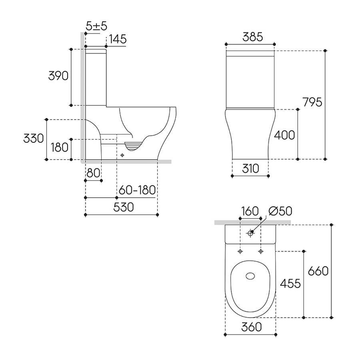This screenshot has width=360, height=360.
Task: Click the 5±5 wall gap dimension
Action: pos(96,26)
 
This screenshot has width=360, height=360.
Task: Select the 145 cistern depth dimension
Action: pos(118,39)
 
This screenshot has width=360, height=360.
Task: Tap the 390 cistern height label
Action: pos(58,76)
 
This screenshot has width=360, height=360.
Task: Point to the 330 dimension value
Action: pos(34,138)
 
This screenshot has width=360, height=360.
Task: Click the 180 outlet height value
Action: pos(60,147)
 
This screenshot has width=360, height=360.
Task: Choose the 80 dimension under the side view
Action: pos(94,173)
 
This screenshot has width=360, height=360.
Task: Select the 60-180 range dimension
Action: pos(137,190)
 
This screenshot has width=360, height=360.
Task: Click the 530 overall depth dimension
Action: pos(124,207)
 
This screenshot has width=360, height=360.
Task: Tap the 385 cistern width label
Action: pos(253,37)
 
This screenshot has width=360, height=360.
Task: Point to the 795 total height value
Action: pos(312,102)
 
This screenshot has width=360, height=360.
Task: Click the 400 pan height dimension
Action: pos(285,135)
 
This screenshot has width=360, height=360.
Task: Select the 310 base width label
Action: pos(250,168)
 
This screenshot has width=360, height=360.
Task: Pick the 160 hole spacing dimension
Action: pos(250,211)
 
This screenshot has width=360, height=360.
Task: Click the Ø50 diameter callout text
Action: pos(280,211)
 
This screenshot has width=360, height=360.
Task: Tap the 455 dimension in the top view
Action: pos(290,284)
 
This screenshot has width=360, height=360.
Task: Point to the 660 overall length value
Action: pos(318,271)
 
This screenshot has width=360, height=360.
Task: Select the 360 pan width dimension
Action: pos(252,327)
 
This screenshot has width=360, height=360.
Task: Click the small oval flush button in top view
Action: pos(250,276)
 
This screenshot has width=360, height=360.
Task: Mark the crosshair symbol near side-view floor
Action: pos(122,156)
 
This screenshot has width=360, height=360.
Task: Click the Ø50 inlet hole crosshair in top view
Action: pos(250,233)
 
